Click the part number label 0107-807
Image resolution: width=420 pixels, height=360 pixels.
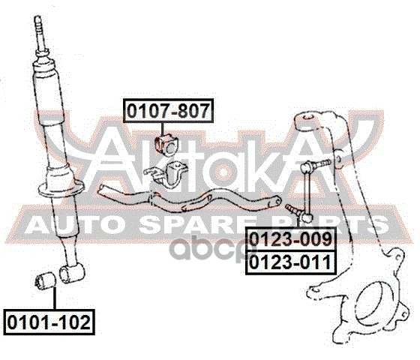point(169,111)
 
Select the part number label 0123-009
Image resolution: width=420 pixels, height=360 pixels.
point(291,239)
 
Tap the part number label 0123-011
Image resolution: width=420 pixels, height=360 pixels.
point(291,262)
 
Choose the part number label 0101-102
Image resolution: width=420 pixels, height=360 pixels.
point(49,322)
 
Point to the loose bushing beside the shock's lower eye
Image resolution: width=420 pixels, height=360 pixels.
point(45,280)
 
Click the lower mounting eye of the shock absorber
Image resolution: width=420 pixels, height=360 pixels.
point(71,273)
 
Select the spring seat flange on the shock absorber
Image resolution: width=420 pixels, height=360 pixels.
point(61,187)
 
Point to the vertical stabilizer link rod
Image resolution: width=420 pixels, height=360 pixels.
point(307,190)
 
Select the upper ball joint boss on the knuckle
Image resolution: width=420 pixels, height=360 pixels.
point(307,121)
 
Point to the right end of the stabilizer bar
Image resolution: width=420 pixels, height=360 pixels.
point(277,202)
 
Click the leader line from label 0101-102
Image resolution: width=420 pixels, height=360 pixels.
point(55,298)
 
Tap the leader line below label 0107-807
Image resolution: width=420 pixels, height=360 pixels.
point(163,129)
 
